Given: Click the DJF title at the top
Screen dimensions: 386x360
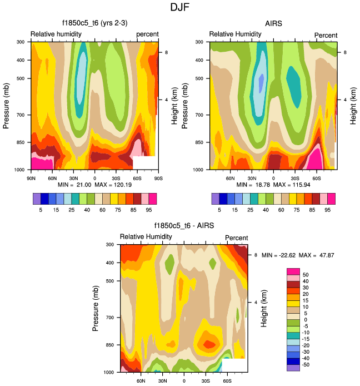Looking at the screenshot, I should [x=180, y=8].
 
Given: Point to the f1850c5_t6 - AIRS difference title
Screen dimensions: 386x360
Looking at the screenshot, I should [x=184, y=226].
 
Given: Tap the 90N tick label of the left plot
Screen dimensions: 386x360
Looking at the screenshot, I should [x=32, y=178].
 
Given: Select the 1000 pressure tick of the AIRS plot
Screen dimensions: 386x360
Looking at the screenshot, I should [x=202, y=169].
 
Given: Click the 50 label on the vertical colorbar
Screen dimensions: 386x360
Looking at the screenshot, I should [x=305, y=275].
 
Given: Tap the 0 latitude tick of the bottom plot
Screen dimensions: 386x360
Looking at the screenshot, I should [x=184, y=381].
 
